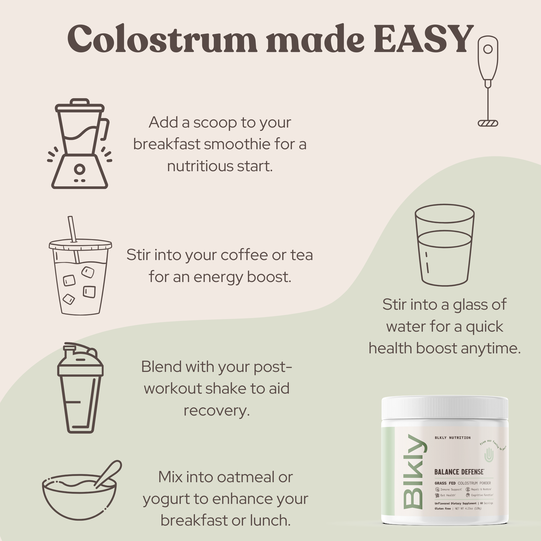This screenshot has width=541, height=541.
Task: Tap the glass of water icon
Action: pyautogui.click(x=444, y=245)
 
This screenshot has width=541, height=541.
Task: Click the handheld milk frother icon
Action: pyautogui.click(x=488, y=81)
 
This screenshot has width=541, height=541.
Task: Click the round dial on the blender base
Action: pyautogui.click(x=79, y=169)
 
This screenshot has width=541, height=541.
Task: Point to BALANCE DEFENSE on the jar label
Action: pyautogui.click(x=459, y=472)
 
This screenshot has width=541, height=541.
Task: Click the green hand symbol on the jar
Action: pyautogui.click(x=489, y=455)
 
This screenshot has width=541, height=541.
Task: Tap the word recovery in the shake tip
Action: pyautogui.click(x=216, y=411)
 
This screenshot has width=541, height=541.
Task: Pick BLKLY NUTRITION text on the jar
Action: pyautogui.click(x=452, y=438)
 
